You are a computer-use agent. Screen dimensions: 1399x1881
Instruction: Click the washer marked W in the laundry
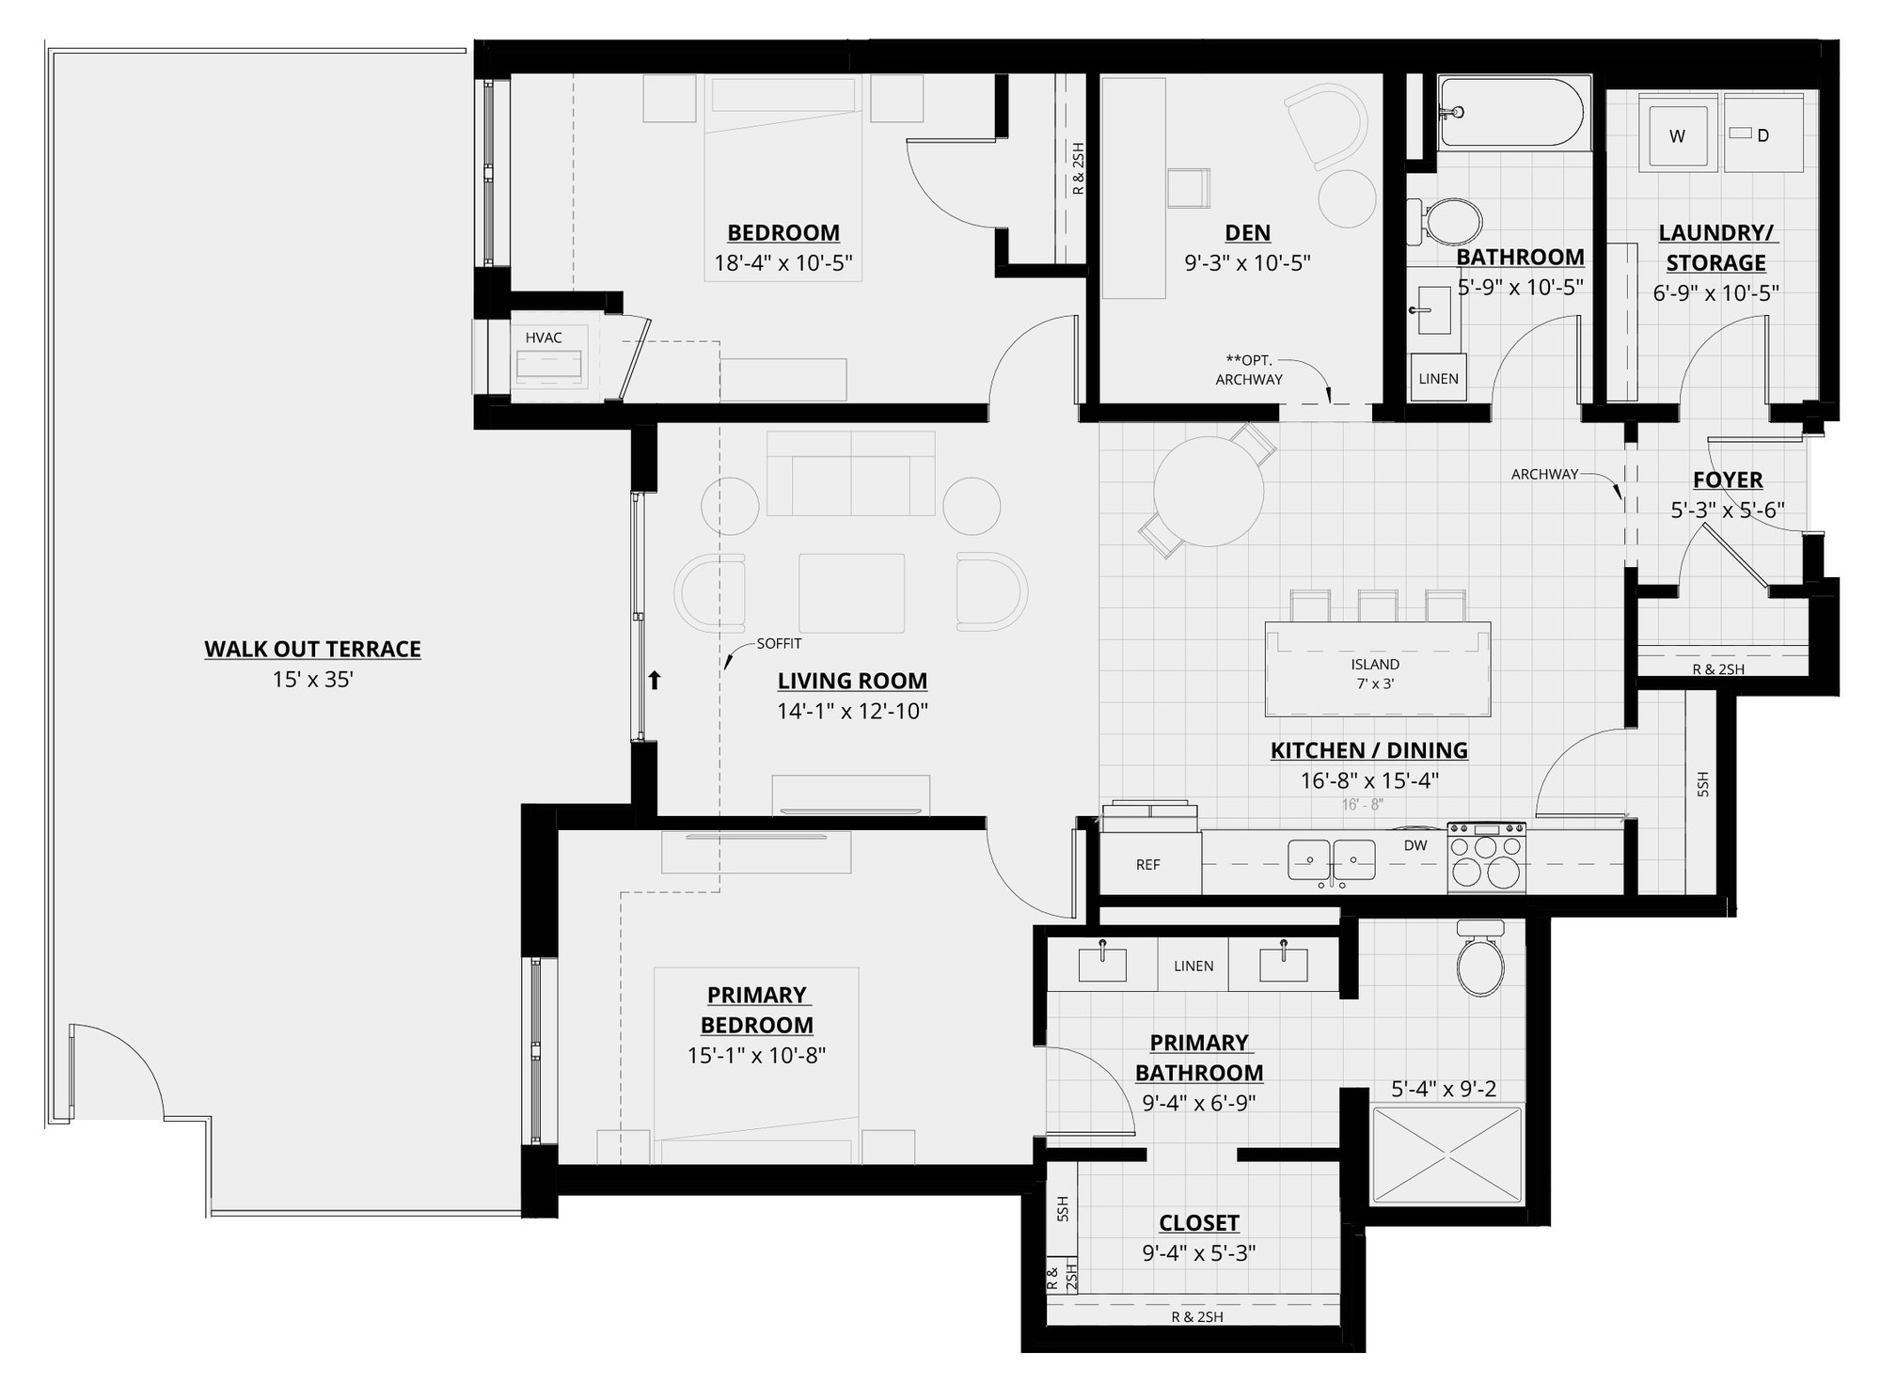(1676, 135)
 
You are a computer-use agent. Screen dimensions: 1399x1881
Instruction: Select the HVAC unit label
(544, 338)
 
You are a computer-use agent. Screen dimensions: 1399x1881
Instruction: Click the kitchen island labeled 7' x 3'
(1376, 669)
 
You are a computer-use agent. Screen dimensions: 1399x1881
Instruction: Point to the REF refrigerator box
(1148, 864)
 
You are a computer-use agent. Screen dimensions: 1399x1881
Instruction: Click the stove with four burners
(1486, 857)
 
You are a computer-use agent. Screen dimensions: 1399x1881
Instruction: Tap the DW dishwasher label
(1415, 845)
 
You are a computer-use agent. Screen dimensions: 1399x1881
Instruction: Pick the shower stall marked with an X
(1446, 1155)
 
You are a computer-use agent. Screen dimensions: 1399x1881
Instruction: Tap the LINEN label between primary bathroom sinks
(1193, 966)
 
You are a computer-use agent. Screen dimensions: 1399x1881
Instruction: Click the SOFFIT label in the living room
(779, 644)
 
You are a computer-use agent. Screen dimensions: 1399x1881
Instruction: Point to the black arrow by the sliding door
(656, 679)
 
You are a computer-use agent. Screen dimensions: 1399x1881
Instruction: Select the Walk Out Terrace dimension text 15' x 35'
(312, 679)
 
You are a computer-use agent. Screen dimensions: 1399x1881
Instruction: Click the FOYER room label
(1728, 479)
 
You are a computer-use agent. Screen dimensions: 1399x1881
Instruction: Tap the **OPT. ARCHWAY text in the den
(1249, 369)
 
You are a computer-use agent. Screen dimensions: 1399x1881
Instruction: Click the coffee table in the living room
(851, 592)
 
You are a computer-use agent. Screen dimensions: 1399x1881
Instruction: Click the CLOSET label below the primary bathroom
(1198, 1222)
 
